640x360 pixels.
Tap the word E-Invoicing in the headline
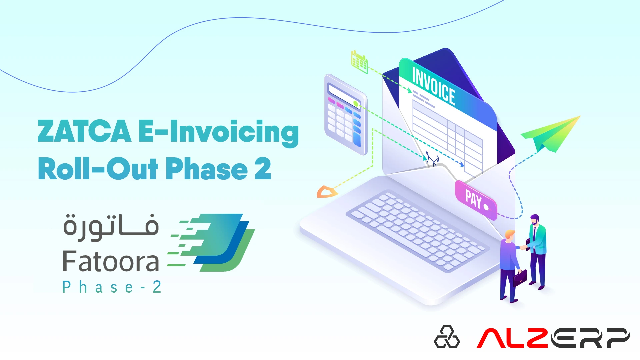point(219,132)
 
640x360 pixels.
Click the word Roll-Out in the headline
point(98,169)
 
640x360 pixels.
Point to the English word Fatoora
point(111,262)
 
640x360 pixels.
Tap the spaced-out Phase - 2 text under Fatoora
point(112,287)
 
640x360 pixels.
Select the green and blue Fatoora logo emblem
point(213,242)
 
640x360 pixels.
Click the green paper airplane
point(551,133)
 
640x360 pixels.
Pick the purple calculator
point(345,115)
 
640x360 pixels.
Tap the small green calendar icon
point(359,62)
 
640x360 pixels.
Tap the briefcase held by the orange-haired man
point(520,278)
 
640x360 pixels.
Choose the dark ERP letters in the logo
point(590,338)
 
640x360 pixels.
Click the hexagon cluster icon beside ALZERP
point(447,337)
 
